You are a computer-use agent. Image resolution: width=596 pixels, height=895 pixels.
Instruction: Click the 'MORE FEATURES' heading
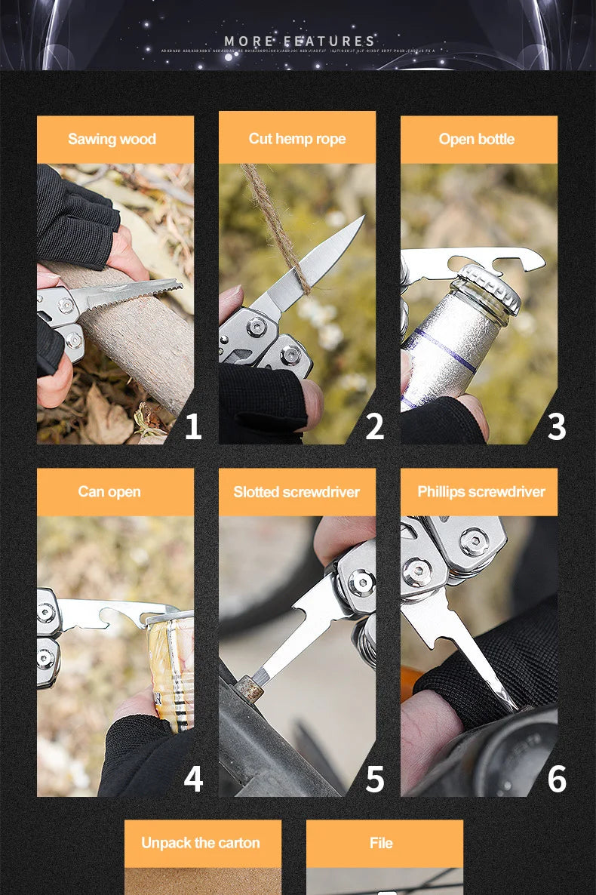point(300,41)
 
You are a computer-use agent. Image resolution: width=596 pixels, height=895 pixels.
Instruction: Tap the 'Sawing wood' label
point(112,139)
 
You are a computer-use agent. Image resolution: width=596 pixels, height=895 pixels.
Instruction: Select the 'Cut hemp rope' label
point(297,138)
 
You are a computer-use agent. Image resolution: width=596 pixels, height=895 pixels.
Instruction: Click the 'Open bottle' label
point(477,139)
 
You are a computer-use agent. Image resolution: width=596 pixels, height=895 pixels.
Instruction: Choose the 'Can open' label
point(109,491)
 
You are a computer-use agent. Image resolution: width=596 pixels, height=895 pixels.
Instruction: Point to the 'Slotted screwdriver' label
point(296,492)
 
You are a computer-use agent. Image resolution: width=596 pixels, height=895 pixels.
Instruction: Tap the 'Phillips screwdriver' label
point(481,491)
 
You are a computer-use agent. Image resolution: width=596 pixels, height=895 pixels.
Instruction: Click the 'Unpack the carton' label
point(201,843)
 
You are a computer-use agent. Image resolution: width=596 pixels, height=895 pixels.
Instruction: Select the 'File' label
point(381,843)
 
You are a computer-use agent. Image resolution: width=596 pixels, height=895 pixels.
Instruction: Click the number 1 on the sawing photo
point(193,426)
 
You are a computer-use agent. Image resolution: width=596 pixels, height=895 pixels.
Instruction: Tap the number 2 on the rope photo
point(374,426)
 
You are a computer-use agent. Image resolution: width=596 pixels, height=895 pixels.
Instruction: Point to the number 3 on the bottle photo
point(556,426)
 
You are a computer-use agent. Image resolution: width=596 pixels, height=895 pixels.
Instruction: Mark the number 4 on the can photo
point(193,779)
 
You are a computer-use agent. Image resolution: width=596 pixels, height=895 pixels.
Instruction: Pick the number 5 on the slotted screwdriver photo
point(374,779)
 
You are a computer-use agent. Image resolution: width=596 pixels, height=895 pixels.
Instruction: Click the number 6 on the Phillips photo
point(556,779)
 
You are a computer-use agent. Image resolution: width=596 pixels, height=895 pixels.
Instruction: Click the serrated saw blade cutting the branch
point(136,294)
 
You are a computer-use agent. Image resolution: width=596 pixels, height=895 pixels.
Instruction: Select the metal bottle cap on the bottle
point(490,286)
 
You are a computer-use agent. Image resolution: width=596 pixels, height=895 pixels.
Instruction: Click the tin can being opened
point(172,664)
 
